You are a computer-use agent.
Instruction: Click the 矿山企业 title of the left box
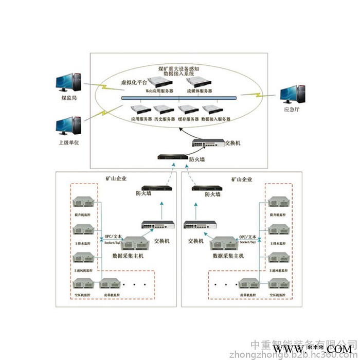coord(116,179)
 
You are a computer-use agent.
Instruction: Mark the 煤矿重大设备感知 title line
coord(178,68)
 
